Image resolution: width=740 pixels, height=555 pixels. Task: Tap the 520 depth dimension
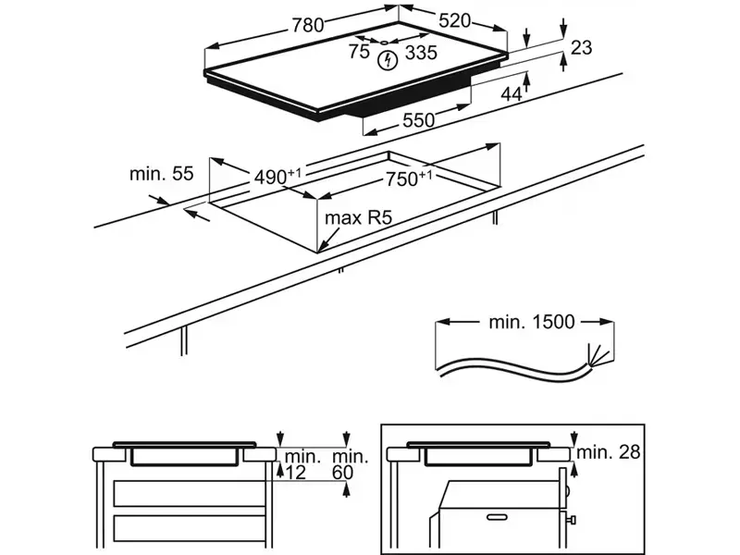coord(454,20)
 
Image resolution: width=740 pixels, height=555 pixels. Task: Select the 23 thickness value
coord(582,48)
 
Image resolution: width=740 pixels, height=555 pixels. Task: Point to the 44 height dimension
coord(512,93)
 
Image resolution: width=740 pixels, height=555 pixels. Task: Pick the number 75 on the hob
coord(360,53)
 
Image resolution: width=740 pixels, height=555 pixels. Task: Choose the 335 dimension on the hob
coord(421,53)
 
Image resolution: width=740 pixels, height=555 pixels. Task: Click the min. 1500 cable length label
coord(531,322)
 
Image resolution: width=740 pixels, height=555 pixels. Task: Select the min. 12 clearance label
coord(301,465)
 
